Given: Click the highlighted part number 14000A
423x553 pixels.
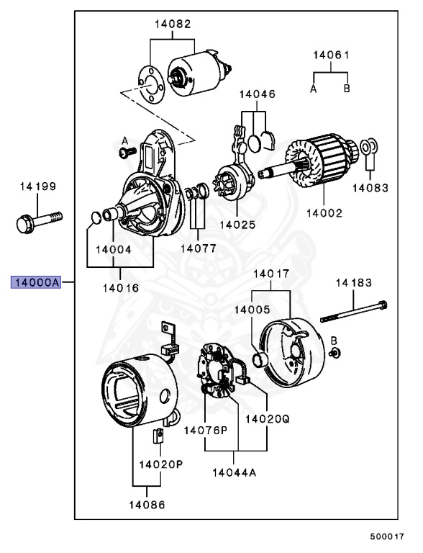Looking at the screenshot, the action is (36, 282).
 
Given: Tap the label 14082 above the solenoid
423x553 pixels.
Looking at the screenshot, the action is (173, 24).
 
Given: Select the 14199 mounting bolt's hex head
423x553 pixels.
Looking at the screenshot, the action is (24, 224).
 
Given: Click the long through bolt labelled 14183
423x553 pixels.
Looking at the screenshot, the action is (353, 311).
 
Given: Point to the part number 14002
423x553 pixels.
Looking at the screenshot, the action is (324, 213).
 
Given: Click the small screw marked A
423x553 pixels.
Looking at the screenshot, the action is (127, 152).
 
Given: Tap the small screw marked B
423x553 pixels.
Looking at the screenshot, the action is (335, 353).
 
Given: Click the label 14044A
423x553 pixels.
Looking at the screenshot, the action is (234, 472).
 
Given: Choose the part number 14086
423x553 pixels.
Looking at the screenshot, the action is (147, 505).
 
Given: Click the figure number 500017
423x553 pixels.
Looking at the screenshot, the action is (387, 536).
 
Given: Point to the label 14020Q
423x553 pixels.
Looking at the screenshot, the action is (267, 419).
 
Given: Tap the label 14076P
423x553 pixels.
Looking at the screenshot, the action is (206, 431).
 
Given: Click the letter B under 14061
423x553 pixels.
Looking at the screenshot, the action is (347, 88).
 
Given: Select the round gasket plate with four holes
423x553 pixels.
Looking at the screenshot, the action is (151, 85).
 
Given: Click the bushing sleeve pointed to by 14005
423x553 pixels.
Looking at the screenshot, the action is (260, 359).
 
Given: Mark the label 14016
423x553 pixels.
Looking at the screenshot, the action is (121, 288).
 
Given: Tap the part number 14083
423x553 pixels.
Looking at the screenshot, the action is (370, 188).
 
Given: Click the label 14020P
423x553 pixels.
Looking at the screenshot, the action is (160, 464).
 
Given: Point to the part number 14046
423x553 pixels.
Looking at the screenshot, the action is (258, 94).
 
